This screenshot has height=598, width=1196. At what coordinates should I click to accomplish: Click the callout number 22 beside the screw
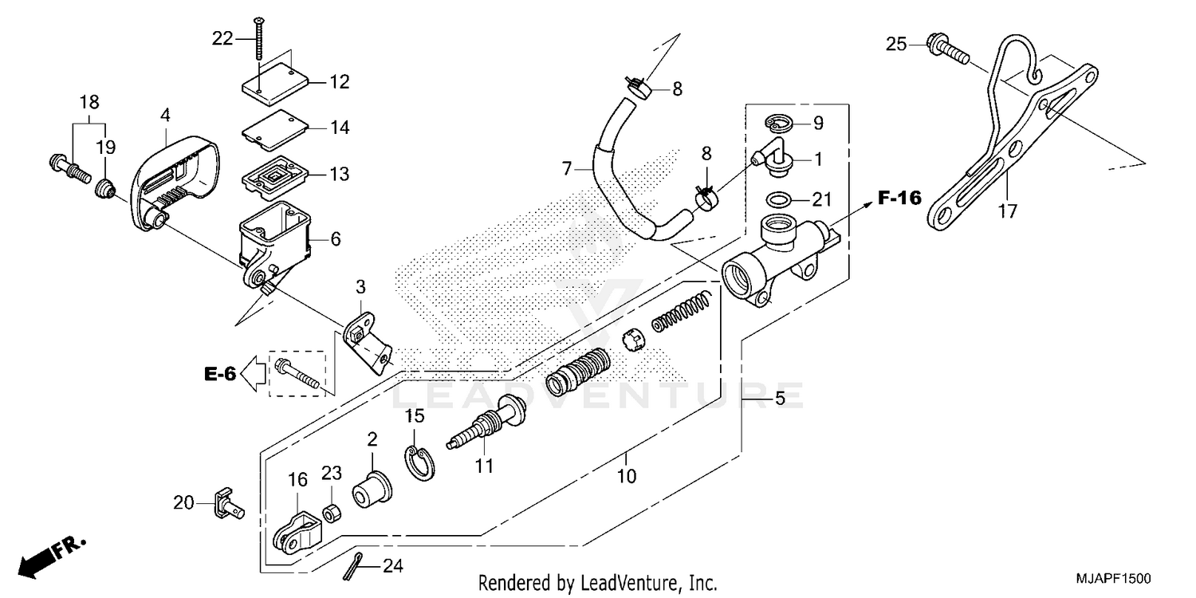coord(222,37)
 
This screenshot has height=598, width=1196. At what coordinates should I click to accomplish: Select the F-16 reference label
coord(899,199)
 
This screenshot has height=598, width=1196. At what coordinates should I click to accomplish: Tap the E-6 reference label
coord(219,373)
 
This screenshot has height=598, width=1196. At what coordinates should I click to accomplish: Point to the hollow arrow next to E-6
coord(254,373)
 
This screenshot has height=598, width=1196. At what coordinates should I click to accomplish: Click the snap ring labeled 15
coord(418,465)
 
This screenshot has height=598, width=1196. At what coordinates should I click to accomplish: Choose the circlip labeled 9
coord(778,123)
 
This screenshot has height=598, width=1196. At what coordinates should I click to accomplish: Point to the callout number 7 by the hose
coord(567,168)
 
